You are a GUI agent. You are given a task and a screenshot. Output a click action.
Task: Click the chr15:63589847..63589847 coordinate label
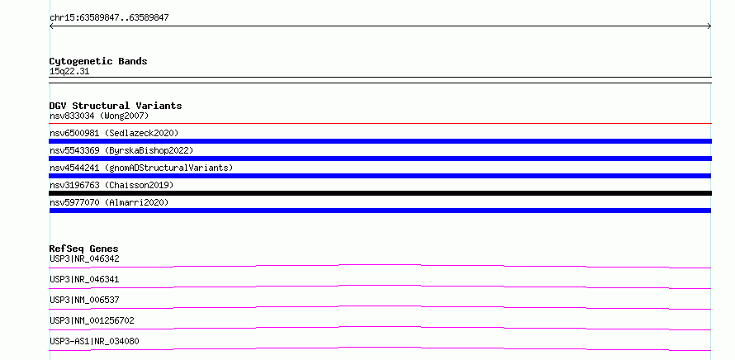point(109,18)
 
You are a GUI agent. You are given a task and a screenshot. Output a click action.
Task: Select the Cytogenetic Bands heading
point(98,61)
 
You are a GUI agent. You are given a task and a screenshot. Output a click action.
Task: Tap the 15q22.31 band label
point(69,72)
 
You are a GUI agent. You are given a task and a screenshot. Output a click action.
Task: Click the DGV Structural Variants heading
point(116,106)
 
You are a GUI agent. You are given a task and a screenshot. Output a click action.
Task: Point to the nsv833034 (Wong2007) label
point(99,116)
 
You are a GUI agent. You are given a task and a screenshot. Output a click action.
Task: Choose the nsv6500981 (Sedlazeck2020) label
point(114,133)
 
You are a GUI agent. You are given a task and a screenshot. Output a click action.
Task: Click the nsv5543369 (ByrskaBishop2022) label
point(121,150)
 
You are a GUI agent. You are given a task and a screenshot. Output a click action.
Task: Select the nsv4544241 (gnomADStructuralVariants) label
point(141,168)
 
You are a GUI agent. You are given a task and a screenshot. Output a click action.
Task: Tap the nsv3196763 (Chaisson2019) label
point(111,185)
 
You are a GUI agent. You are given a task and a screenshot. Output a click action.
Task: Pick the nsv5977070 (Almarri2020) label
point(109,202)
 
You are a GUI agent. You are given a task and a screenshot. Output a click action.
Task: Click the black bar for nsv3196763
point(380,193)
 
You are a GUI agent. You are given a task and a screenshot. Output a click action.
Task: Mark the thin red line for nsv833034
point(380,123)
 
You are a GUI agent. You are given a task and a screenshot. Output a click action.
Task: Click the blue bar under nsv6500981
point(380,141)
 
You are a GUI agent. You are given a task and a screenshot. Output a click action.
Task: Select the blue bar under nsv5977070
point(380,211)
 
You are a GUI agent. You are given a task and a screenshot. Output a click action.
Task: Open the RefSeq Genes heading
point(84,249)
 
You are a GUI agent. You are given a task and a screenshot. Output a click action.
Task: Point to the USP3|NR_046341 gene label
point(84,279)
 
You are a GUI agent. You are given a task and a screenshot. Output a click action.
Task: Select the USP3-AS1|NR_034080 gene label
point(94,341)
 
